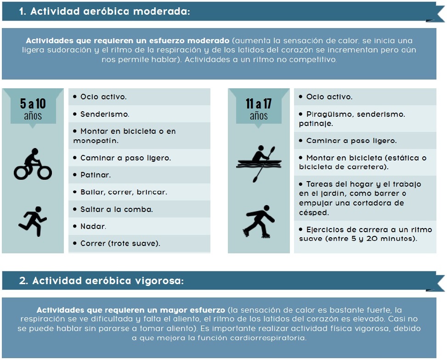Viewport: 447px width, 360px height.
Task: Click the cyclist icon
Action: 33,164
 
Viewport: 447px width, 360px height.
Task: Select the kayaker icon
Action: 259,162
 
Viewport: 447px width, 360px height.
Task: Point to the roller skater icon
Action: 258,221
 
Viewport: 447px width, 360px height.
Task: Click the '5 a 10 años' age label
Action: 33,109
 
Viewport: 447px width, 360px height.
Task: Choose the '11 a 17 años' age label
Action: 259,109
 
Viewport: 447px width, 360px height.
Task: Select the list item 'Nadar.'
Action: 93,226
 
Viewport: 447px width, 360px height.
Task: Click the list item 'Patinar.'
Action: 96,175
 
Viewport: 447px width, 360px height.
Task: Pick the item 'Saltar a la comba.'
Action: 116,209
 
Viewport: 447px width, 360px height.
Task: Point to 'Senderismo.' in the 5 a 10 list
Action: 105,114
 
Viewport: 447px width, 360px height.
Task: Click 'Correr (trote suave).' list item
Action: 120,243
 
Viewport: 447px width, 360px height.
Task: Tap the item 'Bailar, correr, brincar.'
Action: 123,192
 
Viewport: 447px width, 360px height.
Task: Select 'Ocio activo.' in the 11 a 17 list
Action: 329,97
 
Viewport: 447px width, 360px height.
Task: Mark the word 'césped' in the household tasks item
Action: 314,212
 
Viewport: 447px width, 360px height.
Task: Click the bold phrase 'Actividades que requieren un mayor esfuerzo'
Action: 130,310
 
